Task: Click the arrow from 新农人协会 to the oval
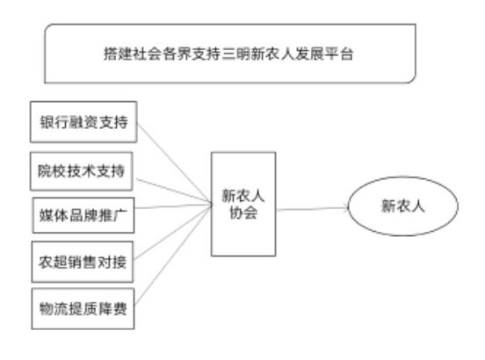pos(312,209)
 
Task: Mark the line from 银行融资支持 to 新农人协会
pos(175,163)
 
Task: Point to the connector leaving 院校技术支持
pos(173,191)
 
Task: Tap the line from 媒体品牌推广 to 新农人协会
pos(173,206)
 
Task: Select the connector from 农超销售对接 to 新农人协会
pos(173,232)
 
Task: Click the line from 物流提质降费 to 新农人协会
pos(173,255)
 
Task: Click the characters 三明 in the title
pos(236,54)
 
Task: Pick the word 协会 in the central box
pos(243,212)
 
